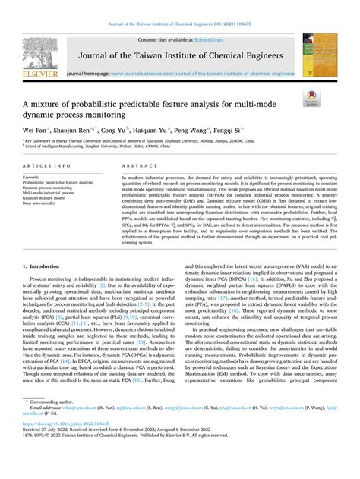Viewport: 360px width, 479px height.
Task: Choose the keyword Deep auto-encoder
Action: click(43, 202)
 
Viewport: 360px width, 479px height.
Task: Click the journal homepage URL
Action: click(202, 74)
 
